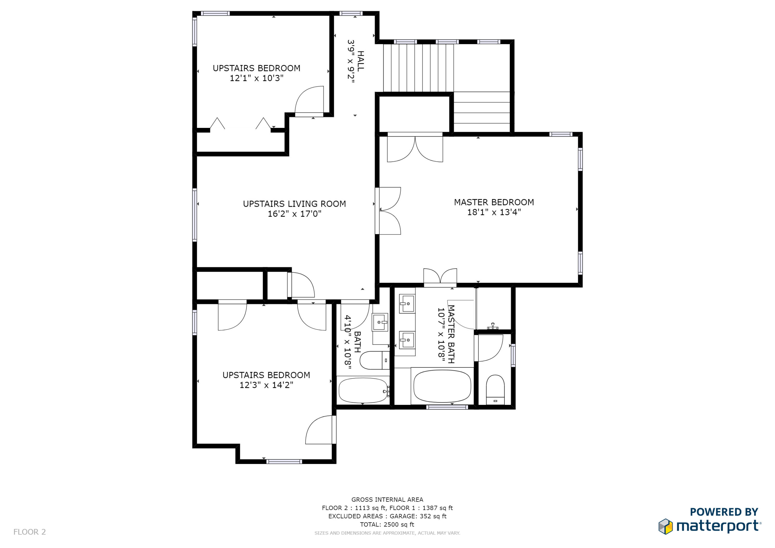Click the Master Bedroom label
tap(494, 202)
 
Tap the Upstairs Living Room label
tap(294, 204)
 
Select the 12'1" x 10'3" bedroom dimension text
tap(257, 78)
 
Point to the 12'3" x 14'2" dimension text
tap(266, 385)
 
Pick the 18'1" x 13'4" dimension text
tap(494, 212)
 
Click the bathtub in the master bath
tap(442, 386)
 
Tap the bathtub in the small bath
tap(363, 391)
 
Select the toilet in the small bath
tap(375, 360)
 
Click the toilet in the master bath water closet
tap(495, 390)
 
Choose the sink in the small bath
tap(380, 322)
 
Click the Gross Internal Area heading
tap(387, 500)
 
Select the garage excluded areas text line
tap(387, 516)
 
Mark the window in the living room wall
tap(195, 215)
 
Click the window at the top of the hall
tap(351, 13)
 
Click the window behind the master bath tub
tap(447, 407)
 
